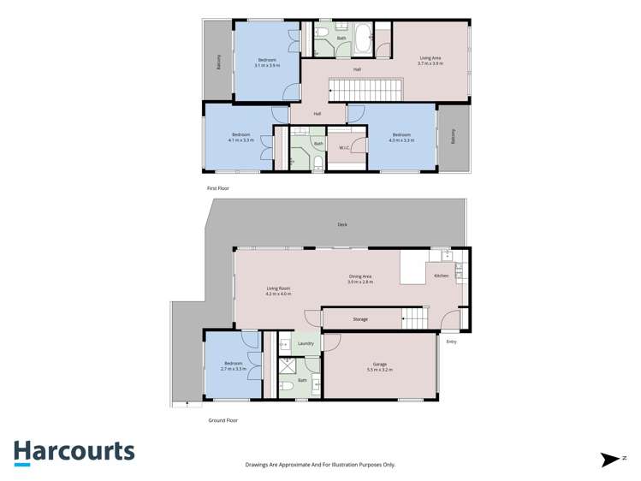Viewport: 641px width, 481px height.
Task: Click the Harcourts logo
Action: click(74, 452)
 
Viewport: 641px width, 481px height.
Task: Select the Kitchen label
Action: click(442, 276)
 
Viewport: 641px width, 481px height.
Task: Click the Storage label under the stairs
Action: click(360, 319)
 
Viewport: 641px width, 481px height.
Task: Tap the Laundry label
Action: click(306, 343)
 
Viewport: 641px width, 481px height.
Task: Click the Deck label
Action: click(342, 224)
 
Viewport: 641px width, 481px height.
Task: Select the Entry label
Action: click(451, 341)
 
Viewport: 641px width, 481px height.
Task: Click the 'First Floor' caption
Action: click(217, 187)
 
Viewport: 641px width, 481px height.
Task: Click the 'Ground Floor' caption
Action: click(223, 420)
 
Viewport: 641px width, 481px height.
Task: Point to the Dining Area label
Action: click(359, 276)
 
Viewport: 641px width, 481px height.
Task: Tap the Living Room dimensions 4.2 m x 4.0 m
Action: click(279, 294)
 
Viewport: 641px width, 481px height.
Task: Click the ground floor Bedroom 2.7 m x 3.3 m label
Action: click(233, 366)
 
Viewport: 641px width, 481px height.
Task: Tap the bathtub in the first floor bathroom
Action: click(363, 35)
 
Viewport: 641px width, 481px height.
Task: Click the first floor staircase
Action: click(366, 88)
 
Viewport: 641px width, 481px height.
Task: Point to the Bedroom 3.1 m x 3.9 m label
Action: click(267, 62)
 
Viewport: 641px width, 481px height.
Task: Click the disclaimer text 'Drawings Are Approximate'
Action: click(319, 464)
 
